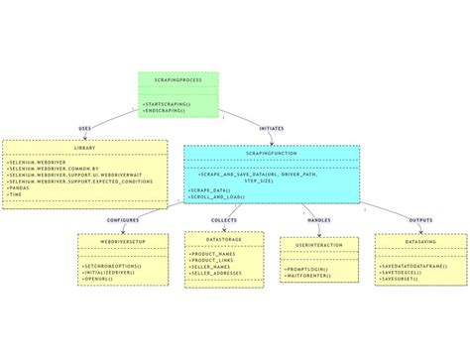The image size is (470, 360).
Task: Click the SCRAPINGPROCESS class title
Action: (x=177, y=79)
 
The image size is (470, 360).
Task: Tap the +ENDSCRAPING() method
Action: (x=164, y=110)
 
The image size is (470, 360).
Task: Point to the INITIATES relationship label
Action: (x=271, y=128)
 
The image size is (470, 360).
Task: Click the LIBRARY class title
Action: (x=85, y=148)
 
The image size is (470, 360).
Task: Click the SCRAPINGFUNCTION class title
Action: (x=271, y=154)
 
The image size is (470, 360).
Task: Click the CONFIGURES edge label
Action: (x=122, y=219)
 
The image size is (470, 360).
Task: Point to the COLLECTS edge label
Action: (x=224, y=219)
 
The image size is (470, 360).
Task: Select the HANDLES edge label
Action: (x=318, y=219)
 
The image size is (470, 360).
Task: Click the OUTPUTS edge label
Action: (x=420, y=219)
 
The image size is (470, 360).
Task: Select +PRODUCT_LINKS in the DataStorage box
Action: (x=210, y=260)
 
